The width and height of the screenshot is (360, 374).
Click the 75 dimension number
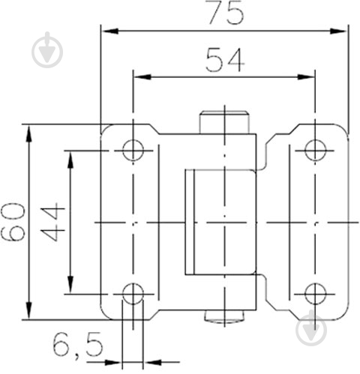pyautogui.click(x=226, y=13)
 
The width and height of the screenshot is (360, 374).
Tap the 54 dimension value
pyautogui.click(x=225, y=60)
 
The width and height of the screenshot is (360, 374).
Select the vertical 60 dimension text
pyautogui.click(x=13, y=222)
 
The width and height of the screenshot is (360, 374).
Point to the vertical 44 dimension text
pyautogui.click(x=52, y=222)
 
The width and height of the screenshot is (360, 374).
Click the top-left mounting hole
pyautogui.click(x=133, y=151)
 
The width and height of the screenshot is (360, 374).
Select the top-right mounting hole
pyautogui.click(x=315, y=151)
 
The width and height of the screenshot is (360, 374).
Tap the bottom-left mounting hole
pyautogui.click(x=133, y=294)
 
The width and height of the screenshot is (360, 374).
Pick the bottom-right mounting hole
pyautogui.click(x=315, y=294)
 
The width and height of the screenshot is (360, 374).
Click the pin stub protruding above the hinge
pyautogui.click(x=224, y=122)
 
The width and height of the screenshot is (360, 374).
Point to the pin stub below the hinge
pyautogui.click(x=224, y=316)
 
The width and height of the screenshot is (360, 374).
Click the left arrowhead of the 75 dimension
pyautogui.click(x=110, y=31)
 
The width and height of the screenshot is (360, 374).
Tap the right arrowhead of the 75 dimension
pyautogui.click(x=338, y=31)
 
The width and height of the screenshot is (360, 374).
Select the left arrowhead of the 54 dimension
pyautogui.click(x=142, y=77)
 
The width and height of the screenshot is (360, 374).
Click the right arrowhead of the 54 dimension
pyautogui.click(x=306, y=77)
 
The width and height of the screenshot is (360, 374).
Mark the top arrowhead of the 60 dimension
pyautogui.click(x=29, y=133)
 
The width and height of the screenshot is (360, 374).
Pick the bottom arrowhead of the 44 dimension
pyautogui.click(x=71, y=284)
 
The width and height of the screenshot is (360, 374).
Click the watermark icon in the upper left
pyautogui.click(x=47, y=50)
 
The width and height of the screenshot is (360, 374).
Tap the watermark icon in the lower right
pyautogui.click(x=311, y=328)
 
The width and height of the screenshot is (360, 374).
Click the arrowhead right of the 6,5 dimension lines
pyautogui.click(x=152, y=362)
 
